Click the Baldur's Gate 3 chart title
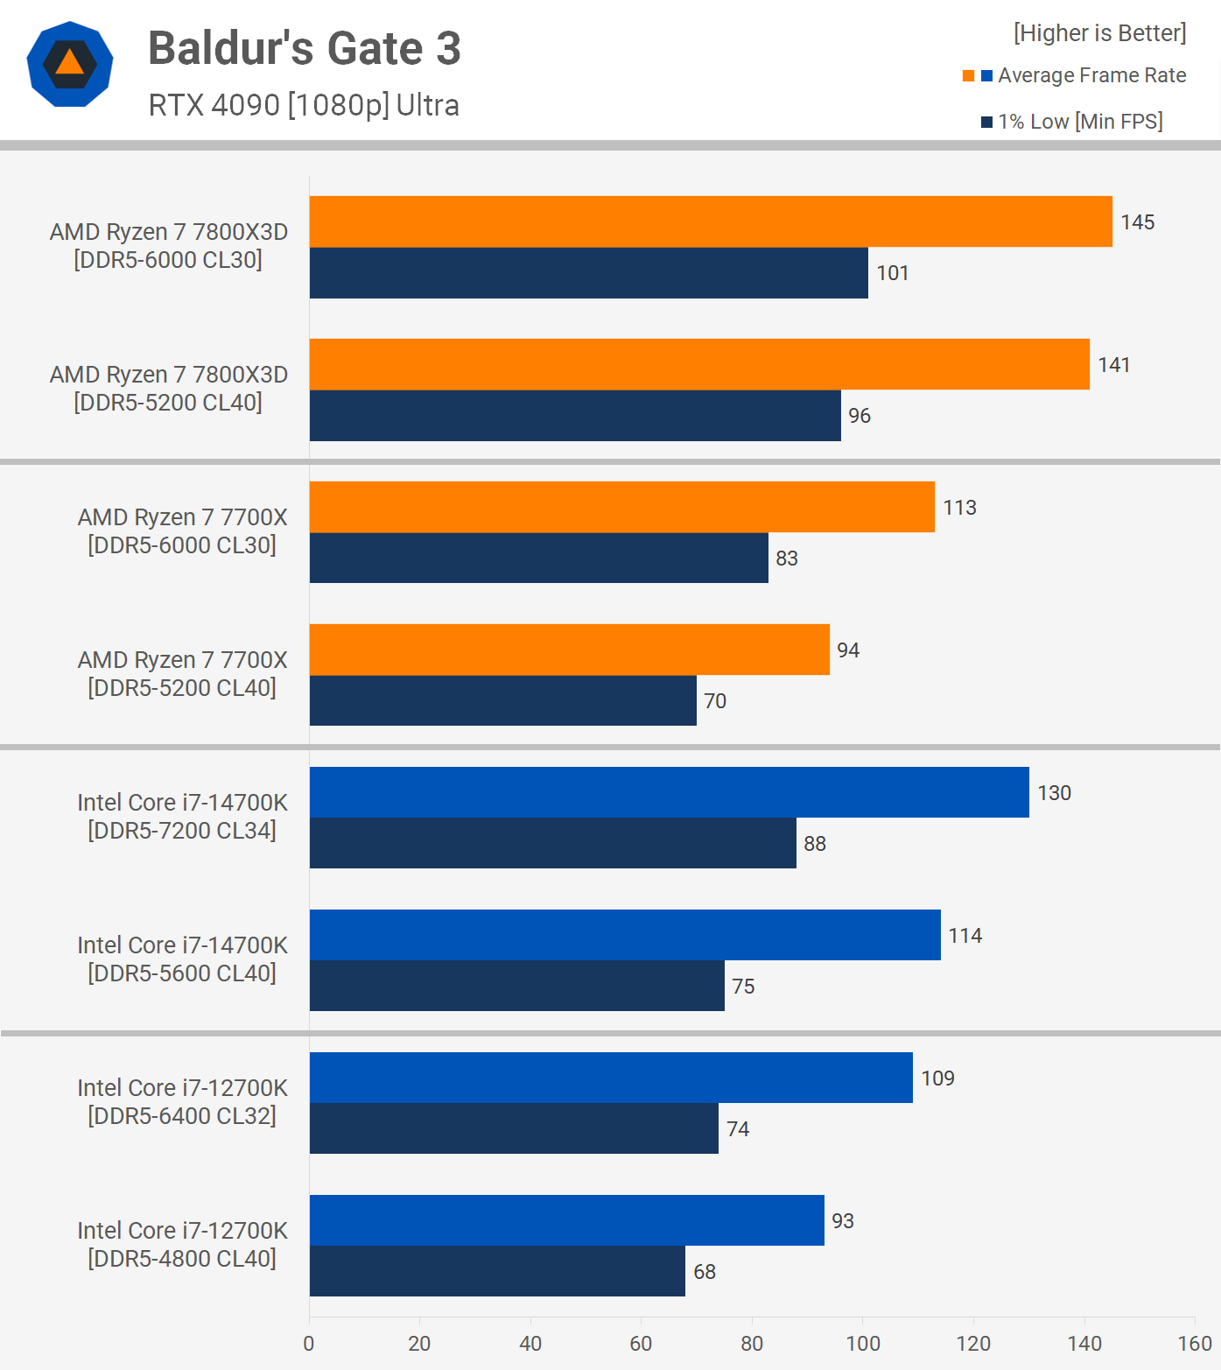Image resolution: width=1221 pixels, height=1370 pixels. [x=304, y=48]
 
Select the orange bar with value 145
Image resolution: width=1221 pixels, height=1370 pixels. [x=711, y=221]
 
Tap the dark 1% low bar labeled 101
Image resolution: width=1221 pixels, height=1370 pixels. [x=588, y=273]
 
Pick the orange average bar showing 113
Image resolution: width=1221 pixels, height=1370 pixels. [x=621, y=507]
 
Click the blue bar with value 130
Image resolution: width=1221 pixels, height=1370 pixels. [x=669, y=792]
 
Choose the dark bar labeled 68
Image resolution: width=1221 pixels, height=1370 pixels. [x=497, y=1271]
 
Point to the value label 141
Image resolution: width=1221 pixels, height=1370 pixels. [x=1113, y=365]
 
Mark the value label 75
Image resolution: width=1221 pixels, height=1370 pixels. [x=743, y=987]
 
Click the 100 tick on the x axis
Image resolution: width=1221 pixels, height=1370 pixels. [x=863, y=1344]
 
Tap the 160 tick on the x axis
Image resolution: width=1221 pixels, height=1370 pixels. [x=1195, y=1344]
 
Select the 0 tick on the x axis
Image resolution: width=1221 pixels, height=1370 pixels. [x=309, y=1344]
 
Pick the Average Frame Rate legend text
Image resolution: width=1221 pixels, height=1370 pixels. [x=1091, y=75]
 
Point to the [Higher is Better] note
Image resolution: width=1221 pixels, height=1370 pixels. [x=1099, y=33]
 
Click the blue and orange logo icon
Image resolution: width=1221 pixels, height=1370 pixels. [x=70, y=64]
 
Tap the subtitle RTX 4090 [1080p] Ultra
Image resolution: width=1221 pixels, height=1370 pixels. [x=304, y=105]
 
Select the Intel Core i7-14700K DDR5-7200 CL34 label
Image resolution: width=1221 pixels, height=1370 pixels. [x=182, y=817]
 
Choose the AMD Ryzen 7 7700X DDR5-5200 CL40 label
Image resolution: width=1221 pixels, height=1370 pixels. [x=182, y=674]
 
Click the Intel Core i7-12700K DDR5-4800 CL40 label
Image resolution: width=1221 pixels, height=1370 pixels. [x=182, y=1245]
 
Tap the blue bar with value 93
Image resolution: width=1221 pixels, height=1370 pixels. [x=566, y=1220]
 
